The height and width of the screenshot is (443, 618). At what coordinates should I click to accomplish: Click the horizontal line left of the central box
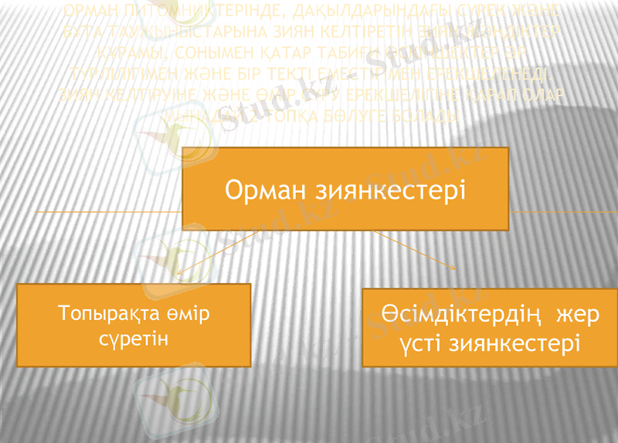(x=108, y=211)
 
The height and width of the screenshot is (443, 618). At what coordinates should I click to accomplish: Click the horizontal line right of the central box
(x=564, y=211)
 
